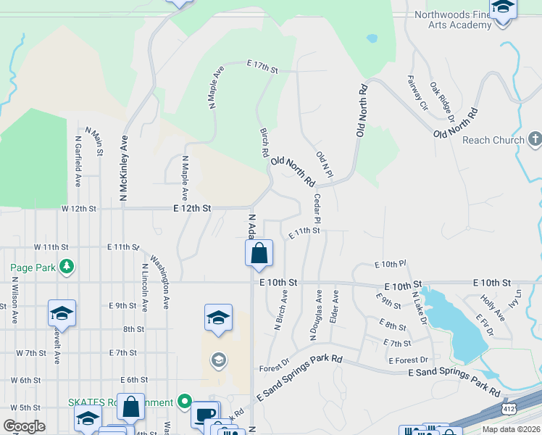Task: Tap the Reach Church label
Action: click(x=492, y=140)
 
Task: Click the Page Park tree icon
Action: click(x=67, y=268)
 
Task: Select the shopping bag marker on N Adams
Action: click(x=259, y=254)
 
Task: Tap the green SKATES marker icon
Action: click(x=185, y=401)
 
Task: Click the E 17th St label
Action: click(x=262, y=66)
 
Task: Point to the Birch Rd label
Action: click(x=264, y=143)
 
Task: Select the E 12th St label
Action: click(x=192, y=208)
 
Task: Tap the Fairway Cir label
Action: click(x=418, y=93)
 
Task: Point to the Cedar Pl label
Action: click(x=317, y=208)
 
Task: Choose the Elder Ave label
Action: click(x=335, y=307)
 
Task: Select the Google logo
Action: click(x=24, y=426)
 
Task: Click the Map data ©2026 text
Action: click(x=511, y=429)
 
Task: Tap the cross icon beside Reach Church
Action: click(x=535, y=138)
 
